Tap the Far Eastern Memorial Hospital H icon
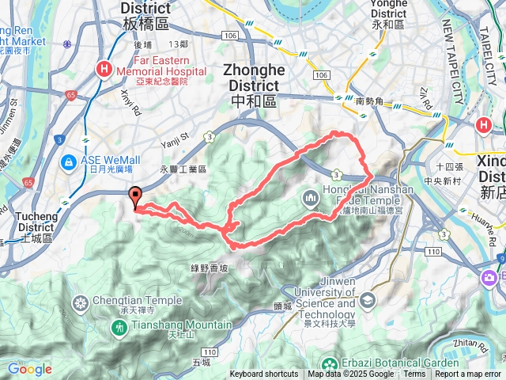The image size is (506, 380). pyautogui.click(x=104, y=70)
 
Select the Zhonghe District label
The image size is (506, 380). pyautogui.click(x=252, y=77)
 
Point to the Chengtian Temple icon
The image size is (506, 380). pyautogui.click(x=81, y=302)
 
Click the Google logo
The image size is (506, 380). pyautogui.click(x=29, y=369)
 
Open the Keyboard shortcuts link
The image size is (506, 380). pyautogui.click(x=264, y=374)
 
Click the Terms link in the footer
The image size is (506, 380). pyautogui.click(x=414, y=374)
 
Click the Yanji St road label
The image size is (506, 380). pyautogui.click(x=176, y=139)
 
